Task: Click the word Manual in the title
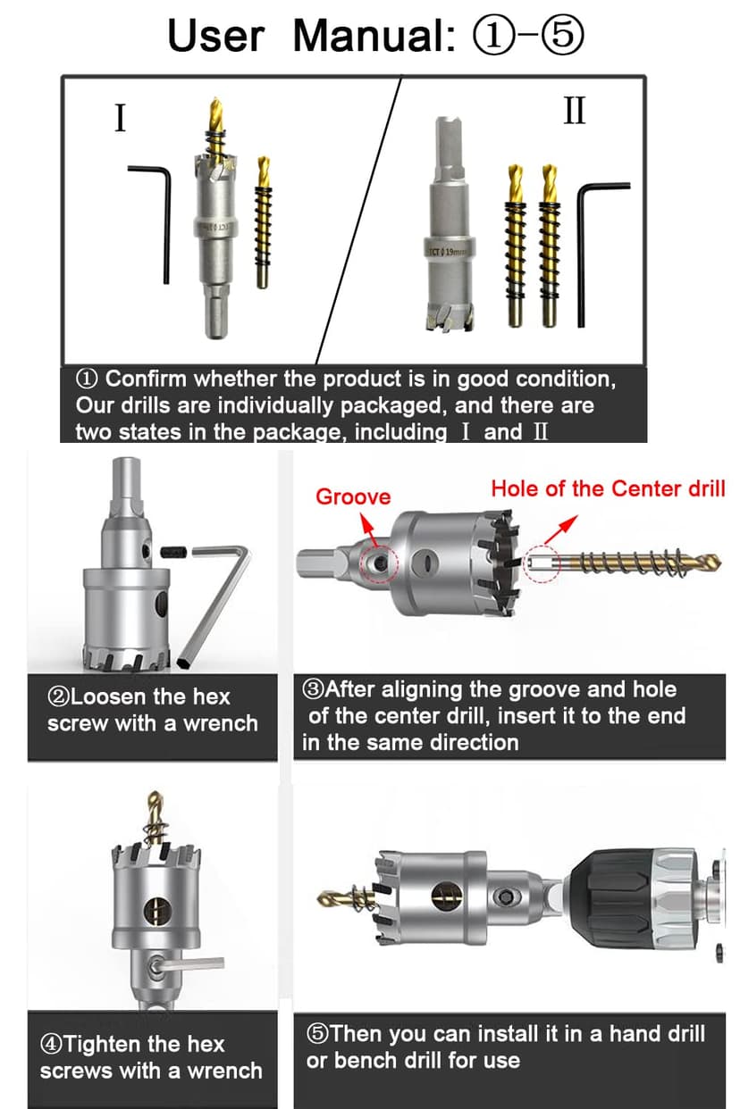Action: [x=368, y=36]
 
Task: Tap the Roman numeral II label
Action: [x=575, y=111]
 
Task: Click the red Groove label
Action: [x=353, y=496]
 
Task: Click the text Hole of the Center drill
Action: [x=608, y=488]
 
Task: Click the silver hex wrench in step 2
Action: [x=214, y=607]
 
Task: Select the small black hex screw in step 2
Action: [x=175, y=554]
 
